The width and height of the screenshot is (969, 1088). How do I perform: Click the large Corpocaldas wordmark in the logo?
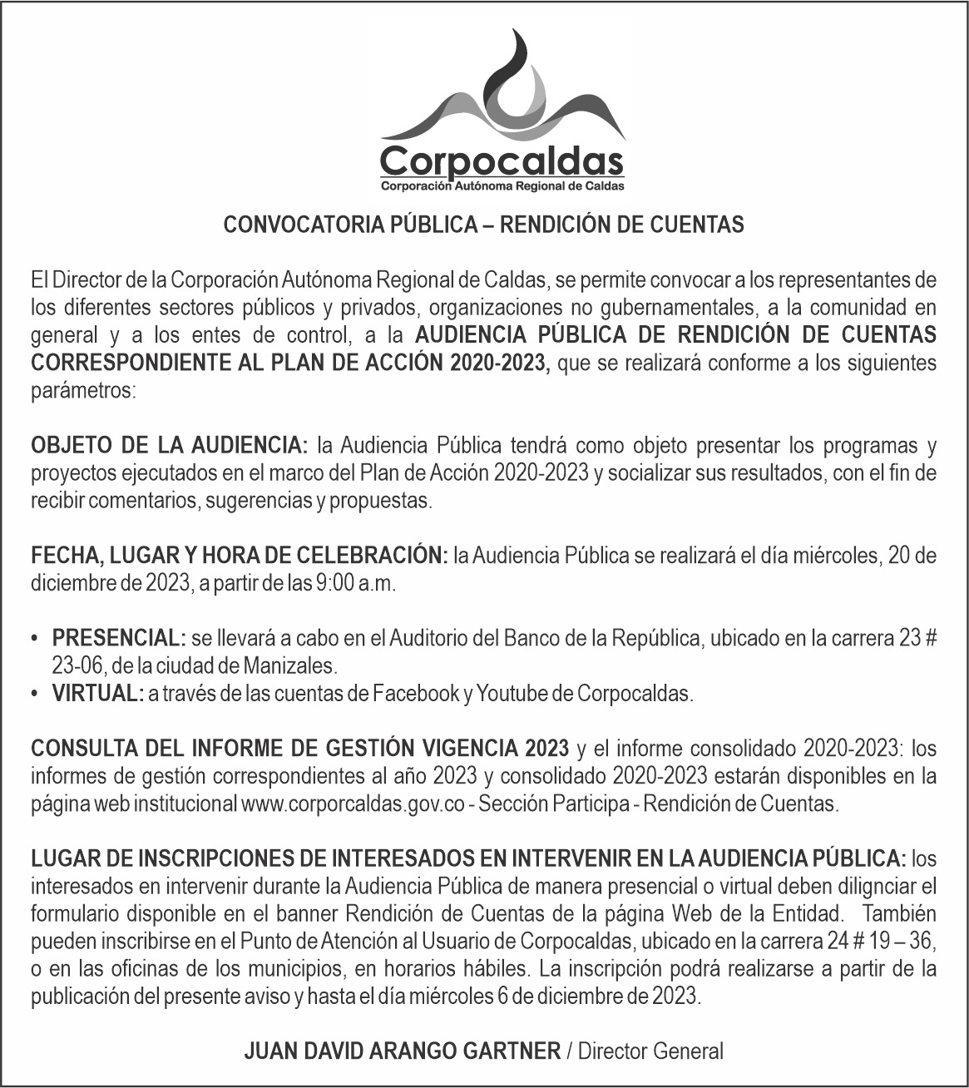pos(502,159)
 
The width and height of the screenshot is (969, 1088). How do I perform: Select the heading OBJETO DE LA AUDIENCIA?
pos(170,446)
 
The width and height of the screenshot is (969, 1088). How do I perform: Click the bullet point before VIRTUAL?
pos(34,693)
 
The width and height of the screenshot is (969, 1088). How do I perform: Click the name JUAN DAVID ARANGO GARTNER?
pos(402,1051)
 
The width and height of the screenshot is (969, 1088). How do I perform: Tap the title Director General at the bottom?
pos(650,1051)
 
